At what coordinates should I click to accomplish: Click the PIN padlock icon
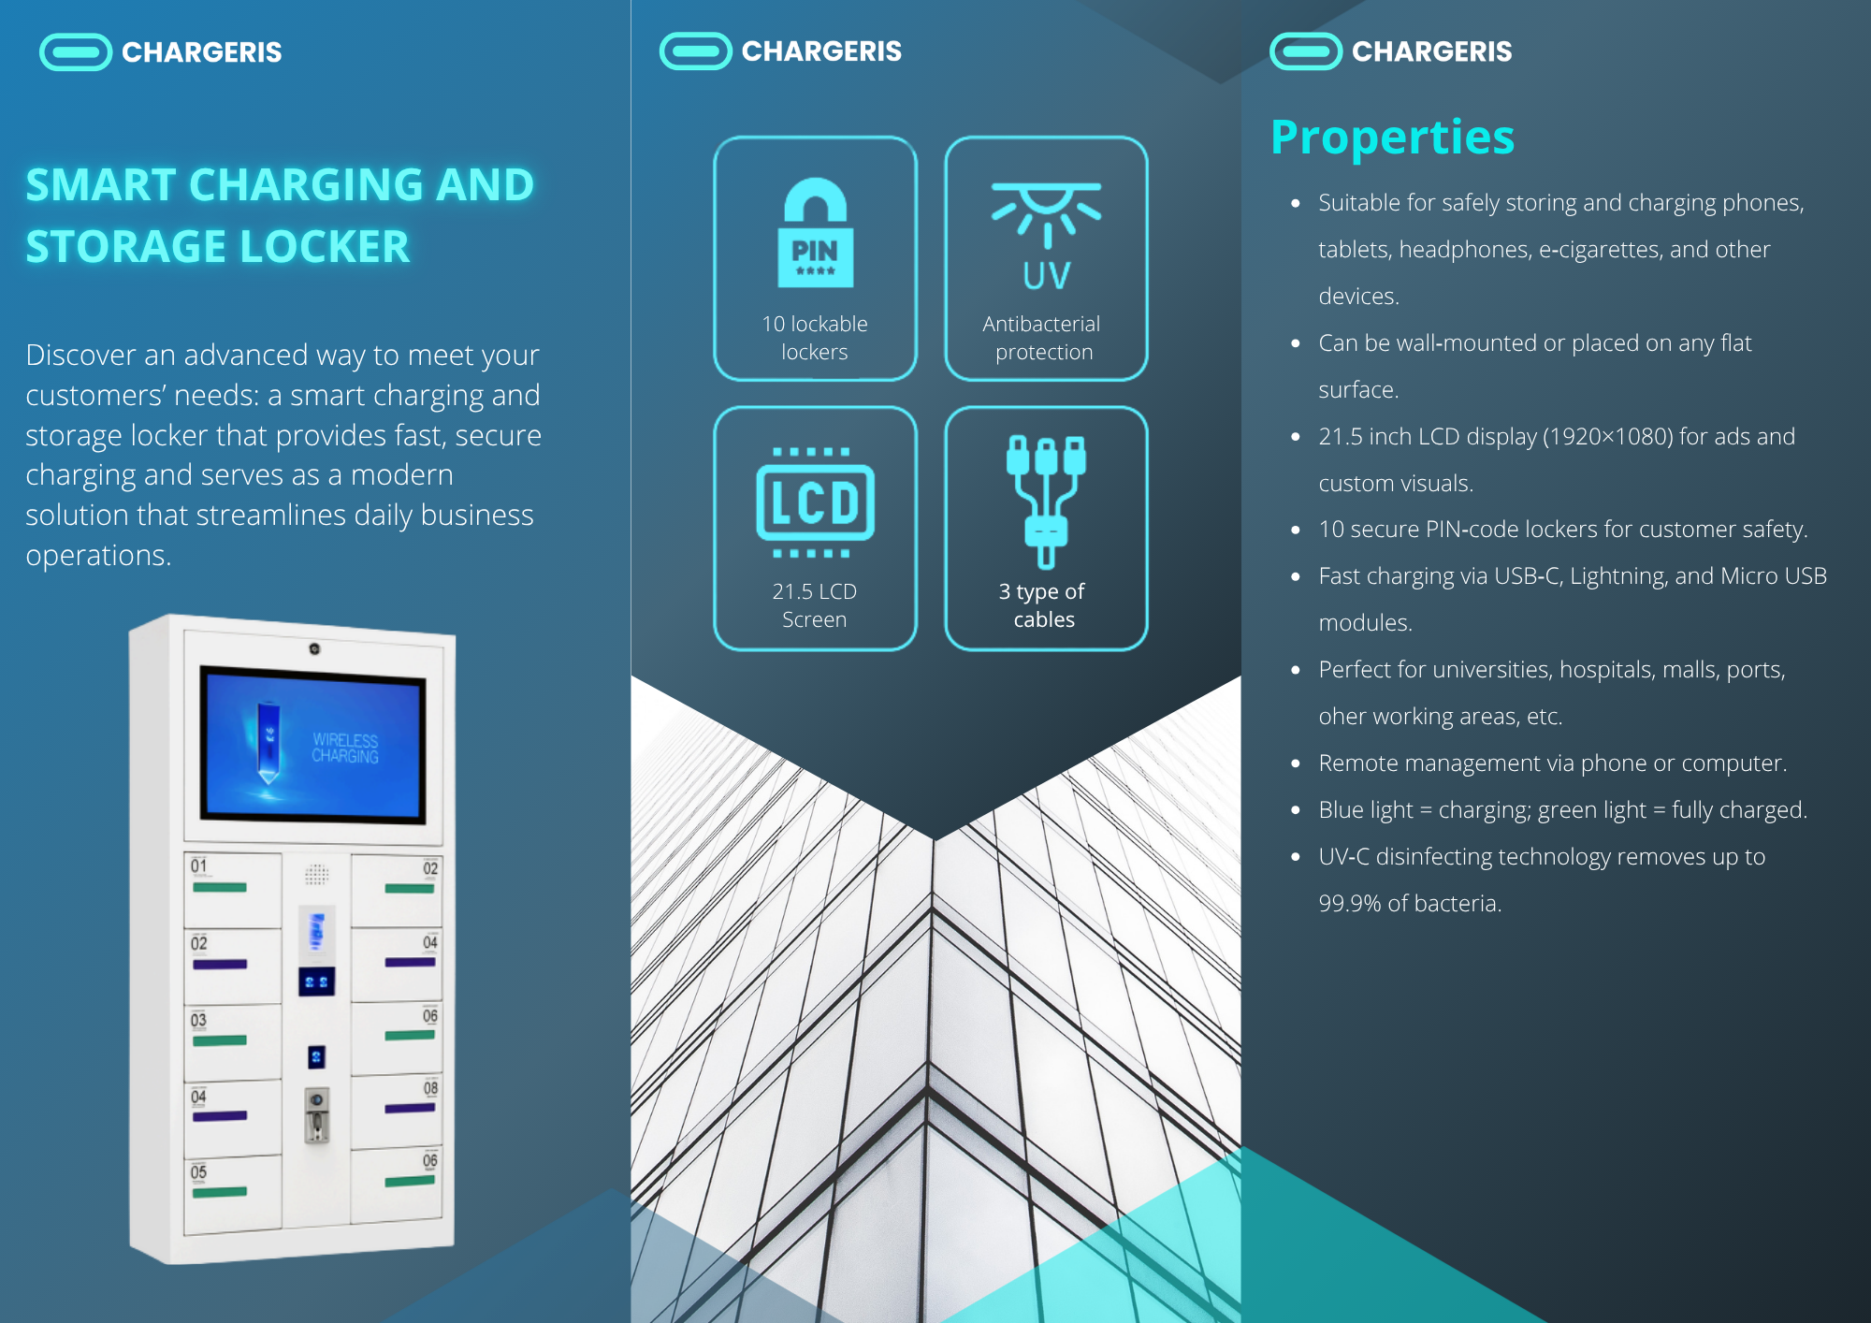(815, 233)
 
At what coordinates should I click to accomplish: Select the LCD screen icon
(815, 502)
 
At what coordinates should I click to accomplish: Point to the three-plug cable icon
(1046, 501)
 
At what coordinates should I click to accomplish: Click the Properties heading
(1392, 138)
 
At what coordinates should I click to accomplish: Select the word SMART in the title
(100, 185)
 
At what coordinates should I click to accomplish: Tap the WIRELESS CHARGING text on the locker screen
(345, 748)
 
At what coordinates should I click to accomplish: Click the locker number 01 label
(199, 865)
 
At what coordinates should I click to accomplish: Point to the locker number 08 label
(430, 1088)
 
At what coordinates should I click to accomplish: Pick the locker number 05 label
(199, 1172)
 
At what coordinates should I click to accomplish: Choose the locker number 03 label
(199, 1020)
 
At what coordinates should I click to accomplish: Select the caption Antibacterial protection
(1043, 338)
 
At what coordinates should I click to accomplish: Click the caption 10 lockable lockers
(815, 338)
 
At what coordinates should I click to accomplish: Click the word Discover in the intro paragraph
(77, 356)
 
